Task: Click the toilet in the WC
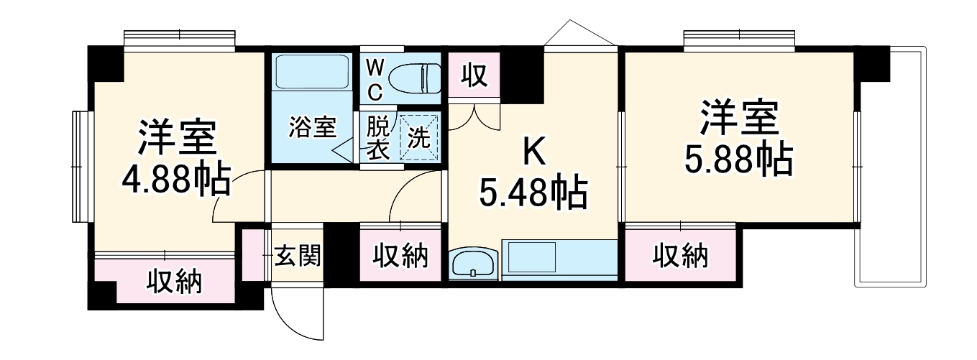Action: (414, 79)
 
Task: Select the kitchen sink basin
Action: (473, 263)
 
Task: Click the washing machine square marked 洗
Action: (418, 137)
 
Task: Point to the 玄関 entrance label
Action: (298, 255)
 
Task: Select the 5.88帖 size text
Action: (738, 159)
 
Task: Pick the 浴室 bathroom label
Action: (312, 126)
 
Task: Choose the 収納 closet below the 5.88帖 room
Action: (681, 255)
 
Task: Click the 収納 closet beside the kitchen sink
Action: (400, 255)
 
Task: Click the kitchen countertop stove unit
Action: (559, 260)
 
